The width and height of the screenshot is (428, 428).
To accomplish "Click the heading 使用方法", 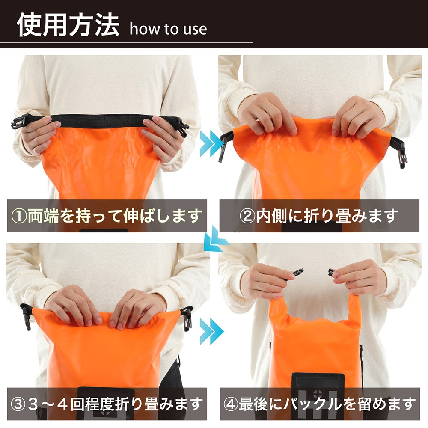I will pos(68,25).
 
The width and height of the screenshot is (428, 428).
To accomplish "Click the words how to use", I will pos(168,29).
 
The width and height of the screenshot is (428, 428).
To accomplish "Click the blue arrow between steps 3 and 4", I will pos(211,330).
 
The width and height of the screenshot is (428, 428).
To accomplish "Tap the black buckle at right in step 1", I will pos(182,127).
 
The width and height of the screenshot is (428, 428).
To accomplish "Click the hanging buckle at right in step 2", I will pos(401,155).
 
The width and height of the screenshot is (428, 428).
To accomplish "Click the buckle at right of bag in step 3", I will pos(187,318).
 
